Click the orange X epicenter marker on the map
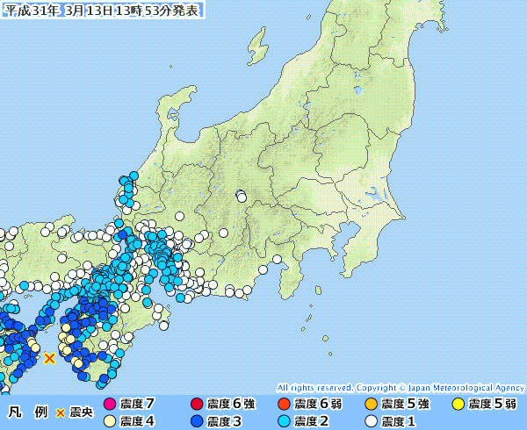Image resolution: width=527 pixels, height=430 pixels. (50, 358)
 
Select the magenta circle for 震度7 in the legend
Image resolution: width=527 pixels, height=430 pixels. (110, 405)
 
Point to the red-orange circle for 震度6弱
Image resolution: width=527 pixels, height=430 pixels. (283, 405)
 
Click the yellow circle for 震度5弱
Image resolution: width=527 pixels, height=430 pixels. (458, 405)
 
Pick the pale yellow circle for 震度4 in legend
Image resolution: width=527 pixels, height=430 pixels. (110, 421)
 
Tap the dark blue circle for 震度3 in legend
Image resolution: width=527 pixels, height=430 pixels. (197, 421)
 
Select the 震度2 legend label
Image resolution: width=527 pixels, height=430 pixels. (314, 421)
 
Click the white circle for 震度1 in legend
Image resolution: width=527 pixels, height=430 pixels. (371, 421)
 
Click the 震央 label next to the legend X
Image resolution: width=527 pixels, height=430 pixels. (82, 412)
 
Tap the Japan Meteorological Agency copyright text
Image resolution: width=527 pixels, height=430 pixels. (401, 387)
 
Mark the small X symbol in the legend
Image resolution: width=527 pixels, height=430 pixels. (61, 412)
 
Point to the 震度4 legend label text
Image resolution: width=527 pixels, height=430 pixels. (139, 421)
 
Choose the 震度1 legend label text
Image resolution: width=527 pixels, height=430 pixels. (401, 421)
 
